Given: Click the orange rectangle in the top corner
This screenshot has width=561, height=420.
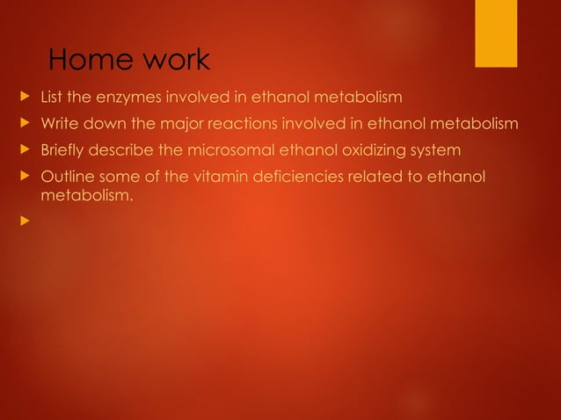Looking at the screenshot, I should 496,33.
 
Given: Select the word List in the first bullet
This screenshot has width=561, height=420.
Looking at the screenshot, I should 54,97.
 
